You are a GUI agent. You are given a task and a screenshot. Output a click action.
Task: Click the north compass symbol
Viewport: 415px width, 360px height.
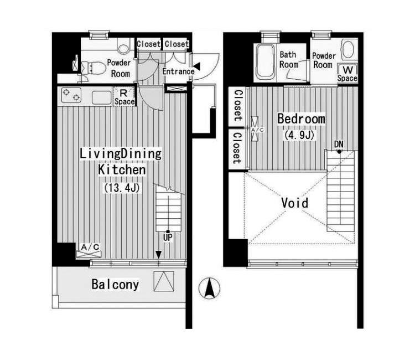(x=209, y=288)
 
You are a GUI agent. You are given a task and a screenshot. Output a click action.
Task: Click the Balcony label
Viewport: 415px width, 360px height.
(x=115, y=285)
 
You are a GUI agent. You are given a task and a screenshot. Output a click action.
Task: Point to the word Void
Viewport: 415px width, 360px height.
(x=295, y=203)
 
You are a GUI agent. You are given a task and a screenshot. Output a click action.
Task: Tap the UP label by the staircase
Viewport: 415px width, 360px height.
(x=168, y=238)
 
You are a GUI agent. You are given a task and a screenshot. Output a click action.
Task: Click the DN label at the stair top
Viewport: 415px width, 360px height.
(x=339, y=145)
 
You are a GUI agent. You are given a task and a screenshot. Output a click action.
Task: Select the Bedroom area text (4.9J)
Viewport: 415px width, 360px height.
(x=299, y=135)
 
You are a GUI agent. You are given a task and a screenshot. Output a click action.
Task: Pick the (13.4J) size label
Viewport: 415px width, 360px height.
(x=122, y=188)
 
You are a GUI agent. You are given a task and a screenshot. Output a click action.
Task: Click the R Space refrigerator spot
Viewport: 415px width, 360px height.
(x=124, y=97)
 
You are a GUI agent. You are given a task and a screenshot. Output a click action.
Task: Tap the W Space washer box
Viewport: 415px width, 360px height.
(x=347, y=73)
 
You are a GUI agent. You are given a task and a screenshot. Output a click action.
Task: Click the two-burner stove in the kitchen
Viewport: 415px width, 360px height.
(x=71, y=95)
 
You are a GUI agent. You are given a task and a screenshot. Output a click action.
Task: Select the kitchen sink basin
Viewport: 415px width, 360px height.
(x=102, y=97)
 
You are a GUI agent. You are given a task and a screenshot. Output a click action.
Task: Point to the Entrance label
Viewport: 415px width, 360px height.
(x=178, y=71)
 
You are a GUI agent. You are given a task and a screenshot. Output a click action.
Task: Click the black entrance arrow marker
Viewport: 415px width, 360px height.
(x=196, y=66)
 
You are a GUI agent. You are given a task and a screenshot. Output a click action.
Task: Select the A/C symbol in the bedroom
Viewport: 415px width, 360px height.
(x=255, y=128)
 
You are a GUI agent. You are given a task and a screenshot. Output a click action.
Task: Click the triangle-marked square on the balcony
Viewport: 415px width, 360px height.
(x=164, y=281)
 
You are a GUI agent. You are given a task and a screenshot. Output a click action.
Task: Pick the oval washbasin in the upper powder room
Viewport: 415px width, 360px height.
(x=348, y=49)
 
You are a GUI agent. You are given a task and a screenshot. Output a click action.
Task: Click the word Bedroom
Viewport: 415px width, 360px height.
(x=301, y=119)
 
